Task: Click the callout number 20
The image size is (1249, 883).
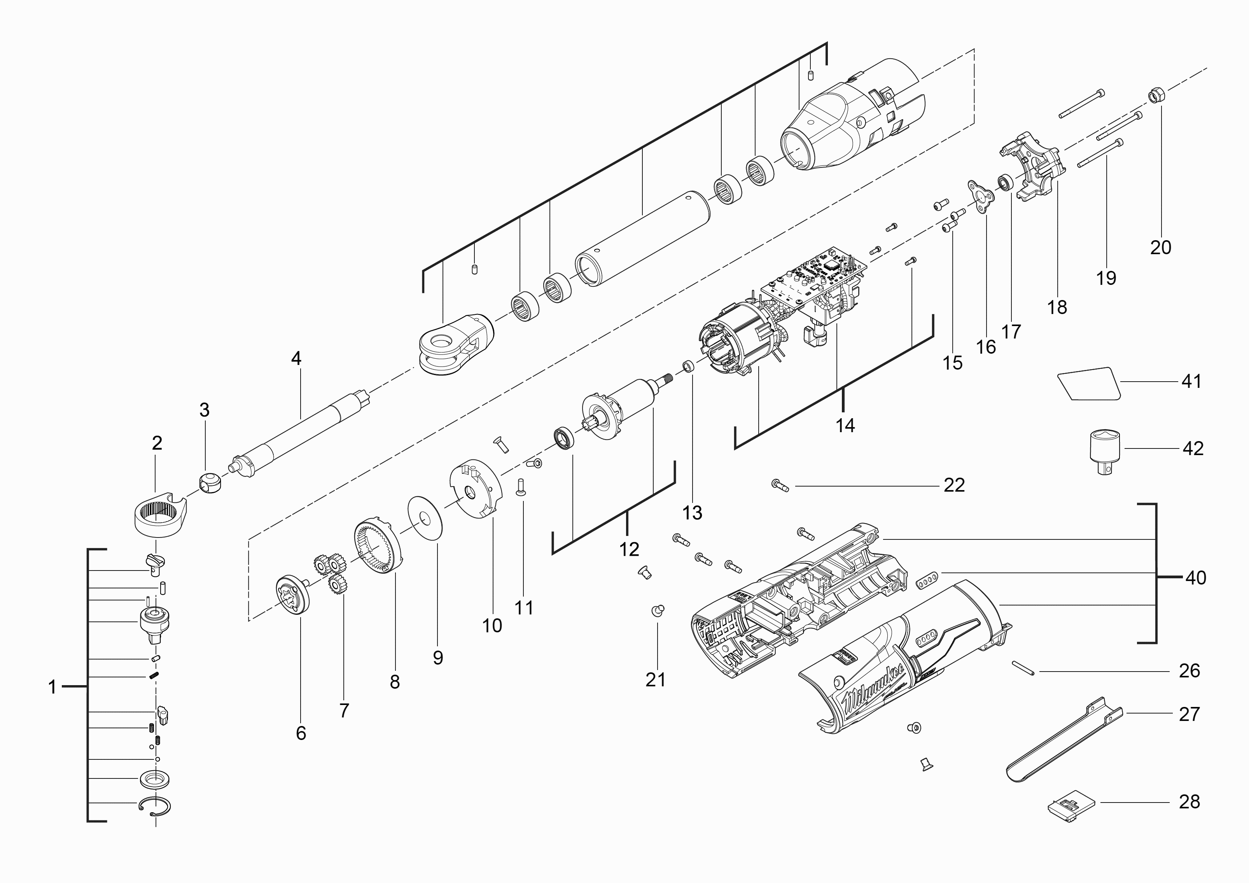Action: tap(1160, 248)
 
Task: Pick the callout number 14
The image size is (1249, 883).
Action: tap(845, 425)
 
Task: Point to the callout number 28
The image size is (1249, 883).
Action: tap(1190, 801)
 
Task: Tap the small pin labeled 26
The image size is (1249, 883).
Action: tap(1023, 668)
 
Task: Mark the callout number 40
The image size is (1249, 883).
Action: tap(1195, 578)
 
